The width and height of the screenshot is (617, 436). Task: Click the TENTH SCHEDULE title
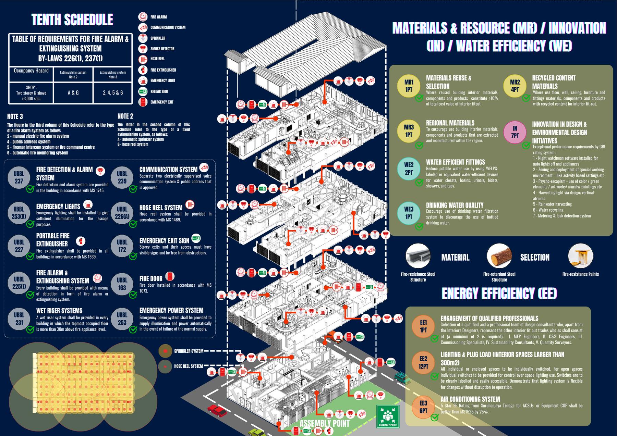pyautogui.click(x=72, y=20)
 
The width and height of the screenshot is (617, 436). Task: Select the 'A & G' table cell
pyautogui.click(x=73, y=92)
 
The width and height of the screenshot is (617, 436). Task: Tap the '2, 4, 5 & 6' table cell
pyautogui.click(x=113, y=92)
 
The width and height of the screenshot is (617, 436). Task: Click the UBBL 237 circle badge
pyautogui.click(x=19, y=177)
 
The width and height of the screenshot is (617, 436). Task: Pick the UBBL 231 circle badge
pyautogui.click(x=19, y=319)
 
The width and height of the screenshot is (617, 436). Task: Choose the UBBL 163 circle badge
pyautogui.click(x=122, y=284)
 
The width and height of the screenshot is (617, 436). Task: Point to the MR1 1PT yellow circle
pyautogui.click(x=409, y=86)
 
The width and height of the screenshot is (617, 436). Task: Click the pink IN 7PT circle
pyautogui.click(x=515, y=132)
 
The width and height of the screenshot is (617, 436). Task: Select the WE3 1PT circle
pyautogui.click(x=409, y=213)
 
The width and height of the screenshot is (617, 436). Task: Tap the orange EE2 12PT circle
pyautogui.click(x=423, y=362)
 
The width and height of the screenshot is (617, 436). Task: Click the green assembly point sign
pyautogui.click(x=388, y=416)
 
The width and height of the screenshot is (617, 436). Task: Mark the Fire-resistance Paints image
pyautogui.click(x=580, y=256)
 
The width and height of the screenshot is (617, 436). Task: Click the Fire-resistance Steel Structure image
pyautogui.click(x=418, y=256)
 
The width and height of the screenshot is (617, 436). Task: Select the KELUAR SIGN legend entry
pyautogui.click(x=159, y=91)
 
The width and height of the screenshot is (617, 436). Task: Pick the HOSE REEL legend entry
pyautogui.click(x=157, y=59)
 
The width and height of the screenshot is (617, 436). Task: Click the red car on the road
pyautogui.click(x=217, y=410)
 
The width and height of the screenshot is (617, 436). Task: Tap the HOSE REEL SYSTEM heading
pyautogui.click(x=161, y=208)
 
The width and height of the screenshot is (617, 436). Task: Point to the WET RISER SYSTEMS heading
pyautogui.click(x=59, y=311)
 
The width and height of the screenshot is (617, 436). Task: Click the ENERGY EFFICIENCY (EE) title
pyautogui.click(x=499, y=294)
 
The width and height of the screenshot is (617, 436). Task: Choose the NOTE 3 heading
pyautogui.click(x=15, y=116)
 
